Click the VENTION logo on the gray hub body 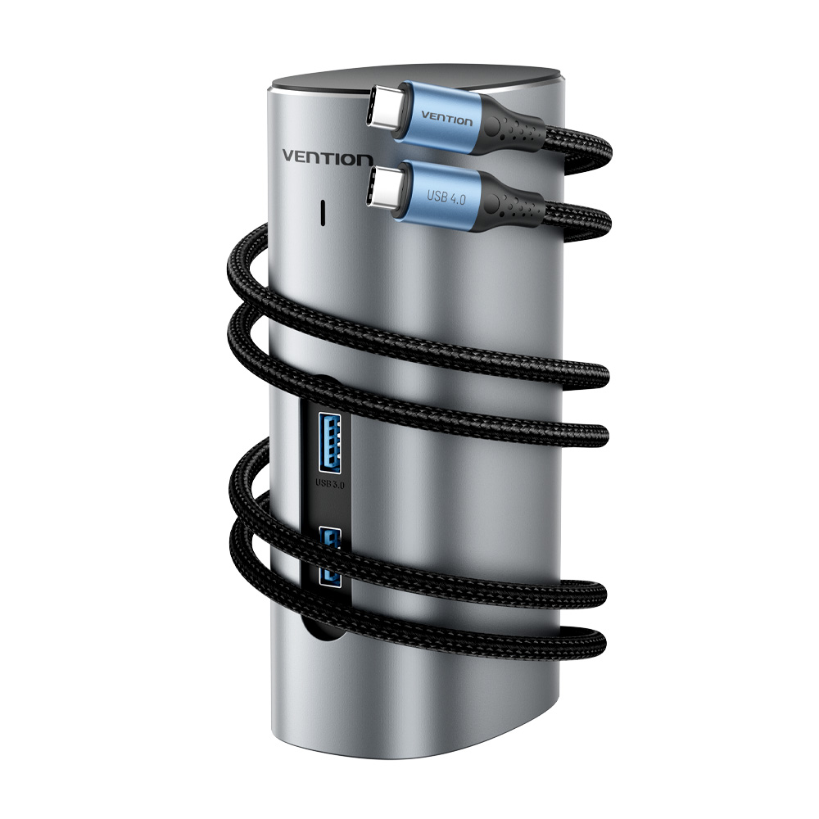click(x=328, y=158)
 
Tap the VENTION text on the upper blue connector click(x=446, y=119)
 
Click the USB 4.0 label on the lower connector click(x=446, y=197)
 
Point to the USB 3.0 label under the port click(x=330, y=484)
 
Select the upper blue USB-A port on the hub click(x=329, y=443)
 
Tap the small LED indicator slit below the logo click(x=323, y=213)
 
